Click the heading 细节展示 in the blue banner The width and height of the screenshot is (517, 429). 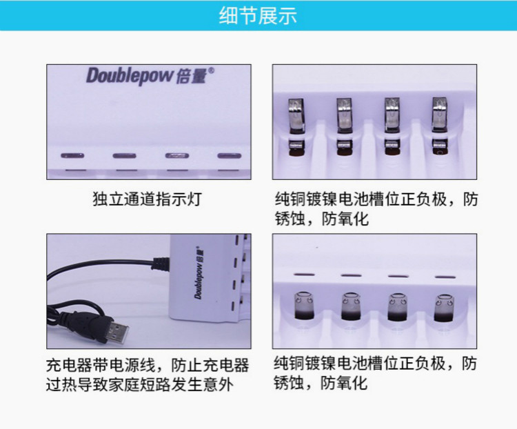click(258, 16)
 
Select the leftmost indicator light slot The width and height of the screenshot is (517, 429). click(71, 156)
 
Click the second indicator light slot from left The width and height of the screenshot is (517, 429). click(124, 156)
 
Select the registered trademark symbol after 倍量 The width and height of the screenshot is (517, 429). click(212, 70)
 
